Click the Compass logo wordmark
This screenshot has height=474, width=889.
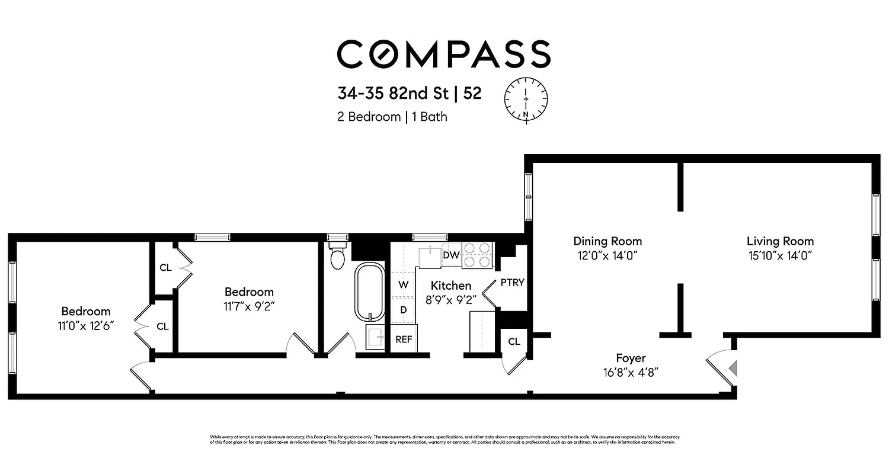tap(444, 53)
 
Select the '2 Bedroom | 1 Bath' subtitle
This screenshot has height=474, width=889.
tap(392, 117)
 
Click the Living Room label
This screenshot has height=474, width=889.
tap(780, 241)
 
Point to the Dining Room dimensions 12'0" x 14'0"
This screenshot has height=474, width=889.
tap(607, 255)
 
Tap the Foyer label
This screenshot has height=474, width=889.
tap(631, 358)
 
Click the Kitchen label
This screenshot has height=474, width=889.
tap(451, 286)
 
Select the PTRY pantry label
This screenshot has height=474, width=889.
tap(512, 282)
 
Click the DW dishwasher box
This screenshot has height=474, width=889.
tap(451, 255)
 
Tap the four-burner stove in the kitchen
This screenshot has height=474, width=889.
tap(478, 255)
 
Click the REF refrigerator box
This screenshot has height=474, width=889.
tap(404, 340)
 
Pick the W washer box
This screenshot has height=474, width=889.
tap(404, 284)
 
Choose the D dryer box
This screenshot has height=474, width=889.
tap(404, 309)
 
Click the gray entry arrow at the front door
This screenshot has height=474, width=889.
tap(734, 369)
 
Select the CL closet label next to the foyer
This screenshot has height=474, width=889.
tap(514, 342)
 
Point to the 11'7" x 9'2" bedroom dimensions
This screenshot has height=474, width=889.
tap(249, 306)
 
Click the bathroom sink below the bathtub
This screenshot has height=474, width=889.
tap(375, 337)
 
